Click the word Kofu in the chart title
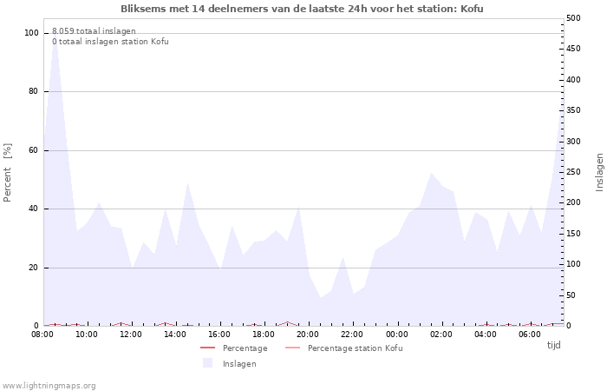pyautogui.click(x=472, y=9)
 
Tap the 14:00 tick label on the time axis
pyautogui.click(x=175, y=335)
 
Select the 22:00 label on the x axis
pyautogui.click(x=352, y=335)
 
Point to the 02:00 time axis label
pyautogui.click(x=441, y=335)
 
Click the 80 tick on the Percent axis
pyautogui.click(x=33, y=91)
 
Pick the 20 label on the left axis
pyautogui.click(x=33, y=268)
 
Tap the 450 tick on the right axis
pyautogui.click(x=574, y=49)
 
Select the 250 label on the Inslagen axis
pyautogui.click(x=574, y=172)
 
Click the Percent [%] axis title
pyautogui.click(x=7, y=173)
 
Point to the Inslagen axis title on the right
pyautogui.click(x=599, y=172)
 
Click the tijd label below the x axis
pyautogui.click(x=553, y=345)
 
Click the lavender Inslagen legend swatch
pyautogui.click(x=208, y=363)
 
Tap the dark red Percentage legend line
pyautogui.click(x=207, y=348)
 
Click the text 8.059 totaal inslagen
pyautogui.click(x=94, y=31)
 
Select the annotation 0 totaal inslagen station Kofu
pyautogui.click(x=110, y=42)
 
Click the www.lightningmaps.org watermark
pyautogui.click(x=48, y=386)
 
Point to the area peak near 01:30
pyautogui.click(x=431, y=173)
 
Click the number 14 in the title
pyautogui.click(x=198, y=9)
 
